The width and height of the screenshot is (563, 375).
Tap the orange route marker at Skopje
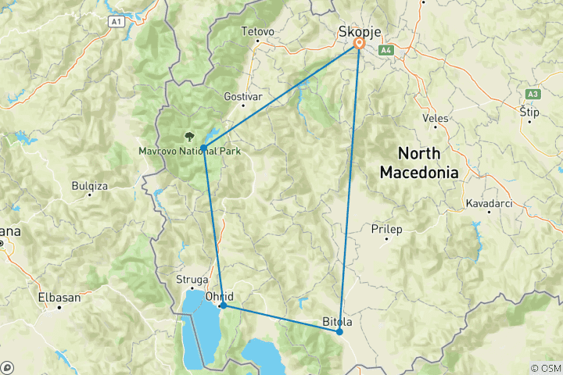coord(359,45)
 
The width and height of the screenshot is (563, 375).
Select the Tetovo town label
coord(259,32)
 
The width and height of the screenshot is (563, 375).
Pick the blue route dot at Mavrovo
coord(203,148)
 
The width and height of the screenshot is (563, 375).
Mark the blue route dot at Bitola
coord(339,332)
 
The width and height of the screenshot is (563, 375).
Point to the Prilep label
coord(387,230)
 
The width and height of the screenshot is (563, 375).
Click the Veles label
coord(435,118)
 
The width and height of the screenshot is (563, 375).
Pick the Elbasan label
coord(59,297)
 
